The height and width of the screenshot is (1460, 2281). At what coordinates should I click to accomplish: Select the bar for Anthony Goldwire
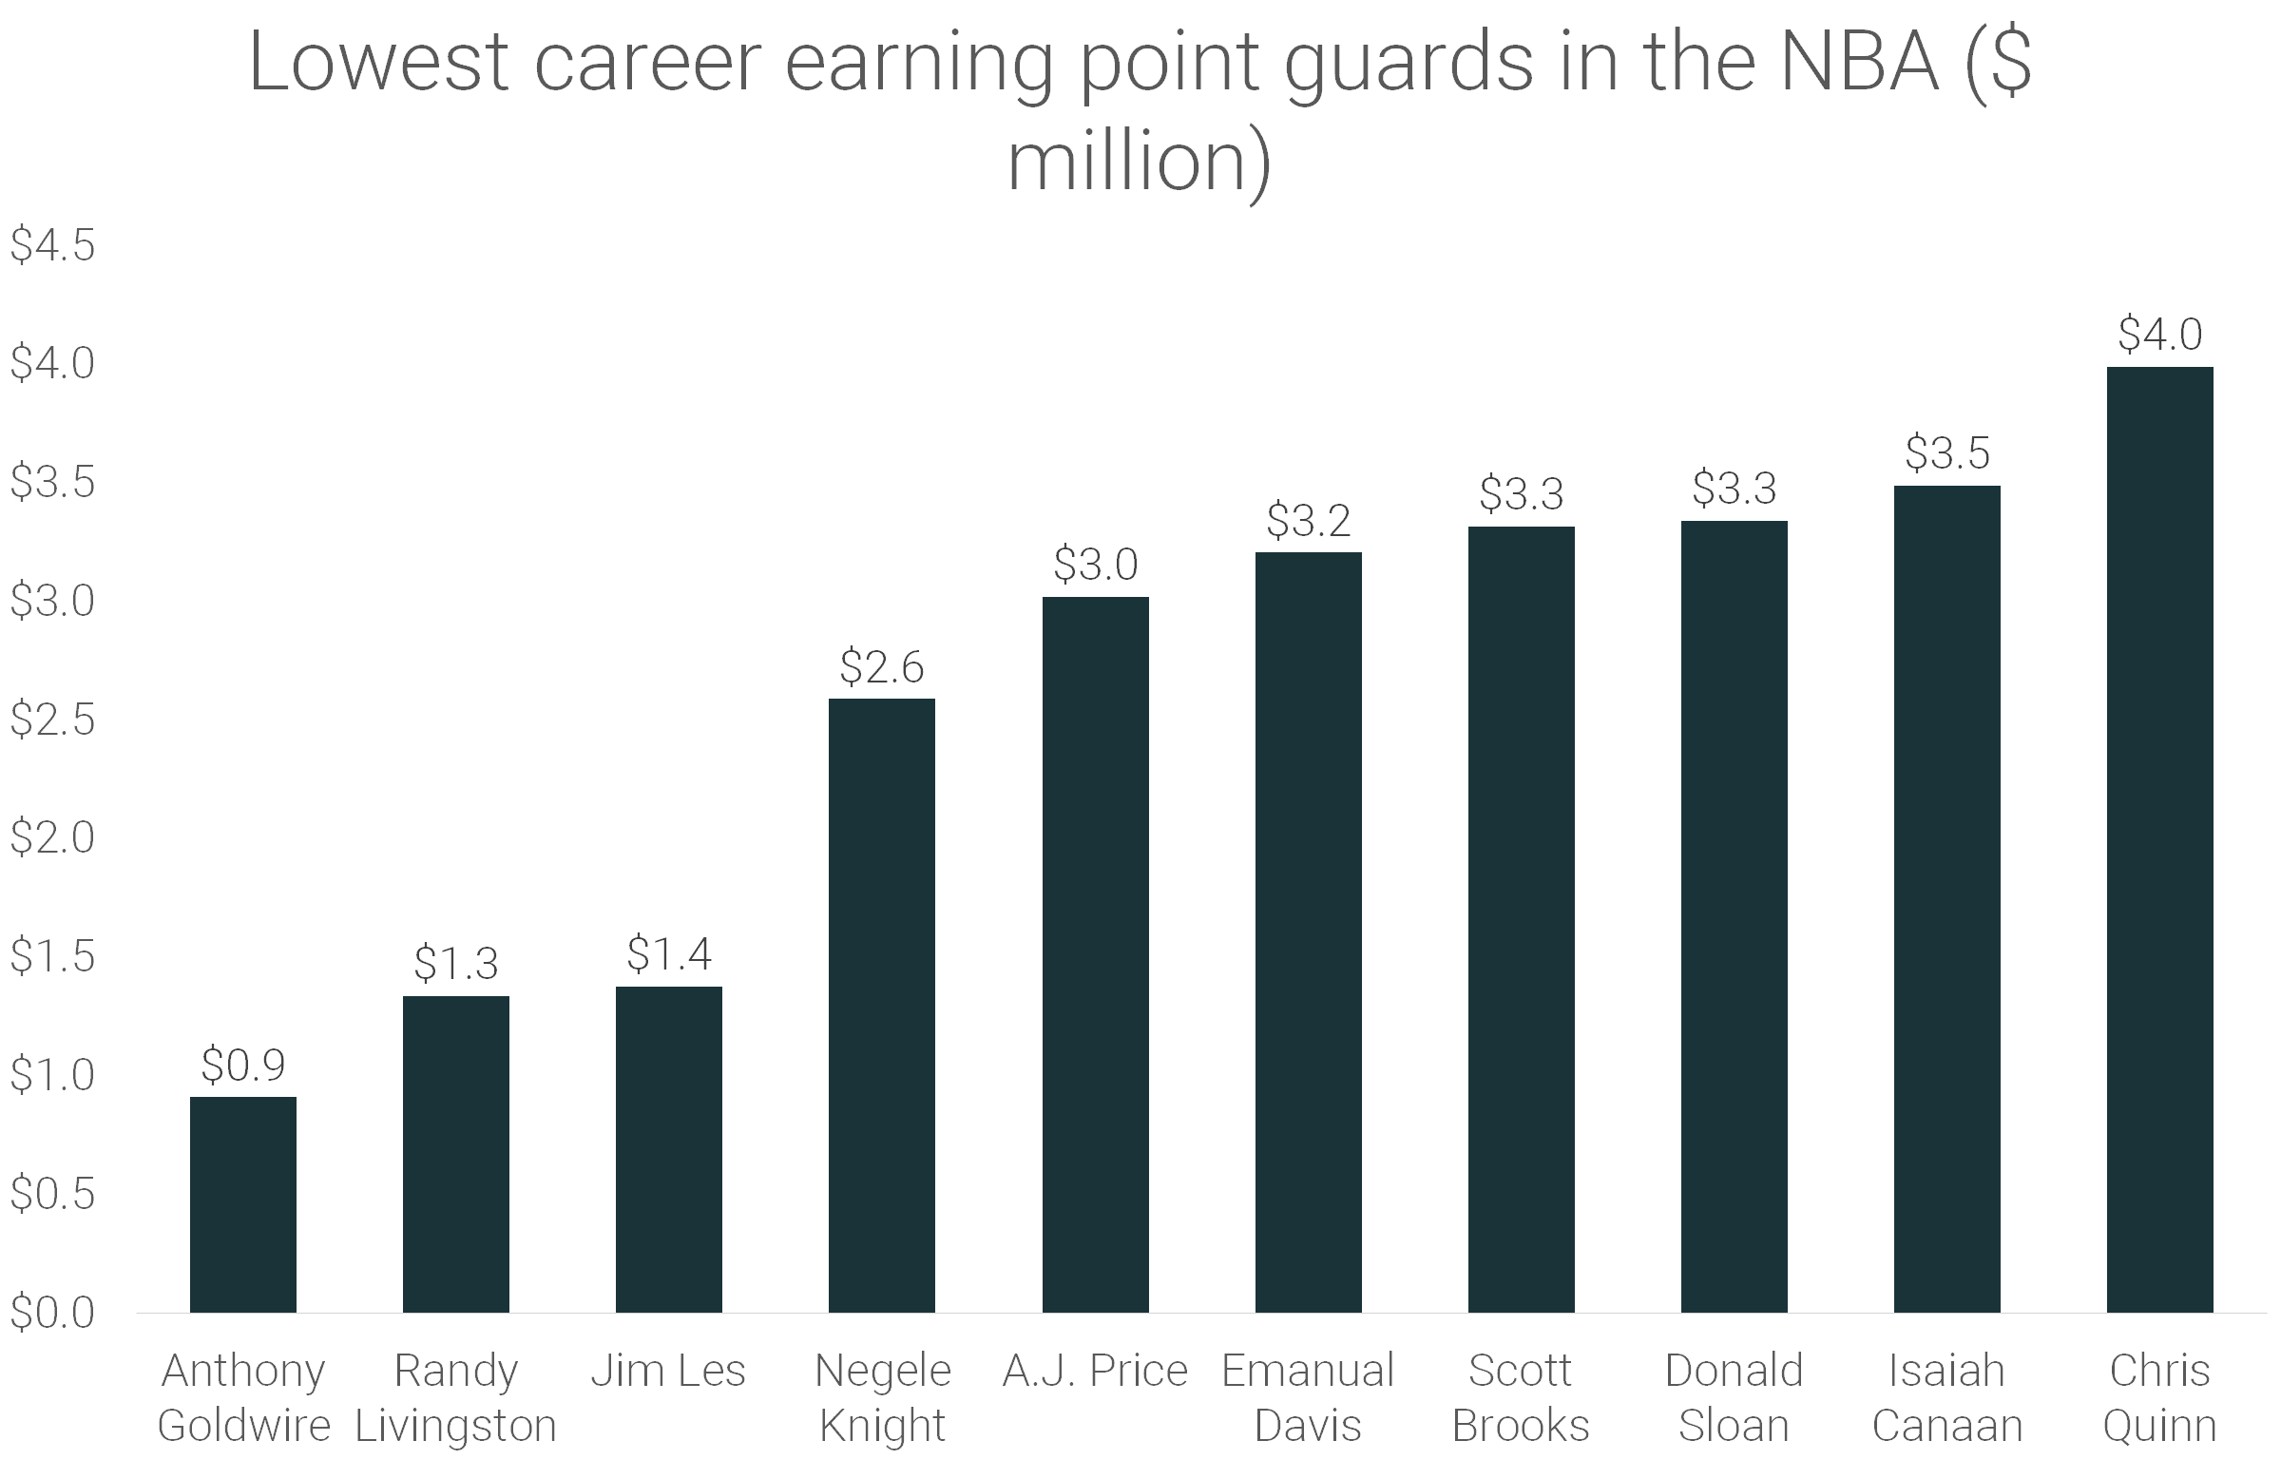243,1204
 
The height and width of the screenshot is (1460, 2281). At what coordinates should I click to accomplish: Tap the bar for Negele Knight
882,1005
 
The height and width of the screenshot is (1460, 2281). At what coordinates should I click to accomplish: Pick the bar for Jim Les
669,1149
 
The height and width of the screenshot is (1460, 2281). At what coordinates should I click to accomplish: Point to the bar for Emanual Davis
1308,932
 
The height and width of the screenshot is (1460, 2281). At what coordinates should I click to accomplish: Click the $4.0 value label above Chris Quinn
2159,335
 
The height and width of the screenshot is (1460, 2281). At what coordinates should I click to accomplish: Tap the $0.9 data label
243,1065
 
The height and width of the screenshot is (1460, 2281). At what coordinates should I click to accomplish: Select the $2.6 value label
882,666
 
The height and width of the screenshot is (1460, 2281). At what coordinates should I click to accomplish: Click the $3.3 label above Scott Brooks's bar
1521,493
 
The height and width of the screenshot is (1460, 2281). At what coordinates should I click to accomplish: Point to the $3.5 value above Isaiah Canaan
1946,453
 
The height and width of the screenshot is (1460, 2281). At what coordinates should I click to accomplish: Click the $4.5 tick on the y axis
52,245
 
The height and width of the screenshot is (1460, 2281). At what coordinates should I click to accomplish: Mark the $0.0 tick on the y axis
52,1312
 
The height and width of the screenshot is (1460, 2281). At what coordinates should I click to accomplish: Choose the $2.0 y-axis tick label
52,837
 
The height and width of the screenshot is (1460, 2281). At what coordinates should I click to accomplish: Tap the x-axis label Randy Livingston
456,1397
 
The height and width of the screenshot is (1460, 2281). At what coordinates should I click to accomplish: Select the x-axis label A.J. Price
1095,1371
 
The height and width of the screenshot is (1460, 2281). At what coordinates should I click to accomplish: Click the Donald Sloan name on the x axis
1734,1397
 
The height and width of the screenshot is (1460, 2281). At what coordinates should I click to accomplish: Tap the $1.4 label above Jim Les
669,953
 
